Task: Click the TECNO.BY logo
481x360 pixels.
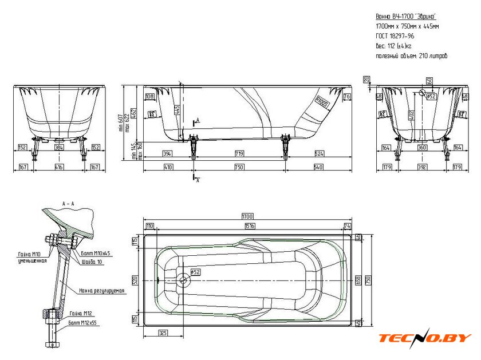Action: pyautogui.click(x=425, y=337)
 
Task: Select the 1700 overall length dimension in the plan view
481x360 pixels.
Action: pyautogui.click(x=247, y=216)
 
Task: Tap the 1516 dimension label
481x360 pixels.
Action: pyautogui.click(x=250, y=227)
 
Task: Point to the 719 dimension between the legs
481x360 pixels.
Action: pyautogui.click(x=239, y=153)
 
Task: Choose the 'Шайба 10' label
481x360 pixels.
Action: pyautogui.click(x=92, y=261)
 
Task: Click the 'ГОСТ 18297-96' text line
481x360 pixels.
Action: pyautogui.click(x=396, y=35)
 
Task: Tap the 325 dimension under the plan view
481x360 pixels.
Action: pyautogui.click(x=163, y=332)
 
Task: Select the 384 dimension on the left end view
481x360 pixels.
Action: pyautogui.click(x=60, y=147)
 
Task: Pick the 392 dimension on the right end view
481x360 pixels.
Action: pyautogui.click(x=422, y=167)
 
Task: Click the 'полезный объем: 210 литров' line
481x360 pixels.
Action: pyautogui.click(x=412, y=56)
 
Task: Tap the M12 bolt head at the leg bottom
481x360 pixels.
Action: pyautogui.click(x=49, y=345)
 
